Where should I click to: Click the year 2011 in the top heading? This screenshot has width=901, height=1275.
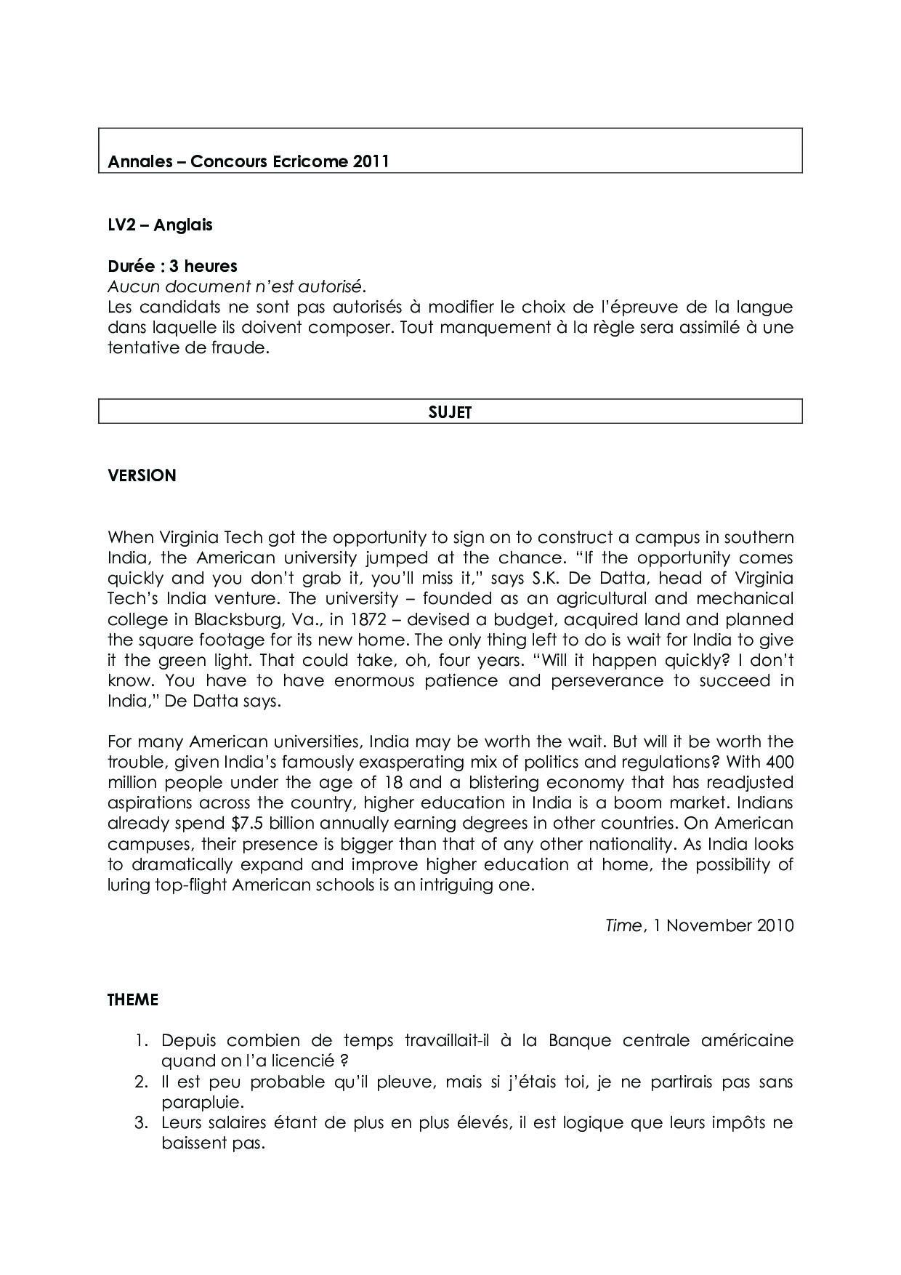click(x=371, y=161)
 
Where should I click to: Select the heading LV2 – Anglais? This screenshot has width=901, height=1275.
click(x=160, y=225)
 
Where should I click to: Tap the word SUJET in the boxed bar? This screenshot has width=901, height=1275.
click(x=450, y=412)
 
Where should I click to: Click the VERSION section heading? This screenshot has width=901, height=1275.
click(x=142, y=475)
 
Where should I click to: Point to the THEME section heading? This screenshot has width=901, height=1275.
click(x=133, y=1000)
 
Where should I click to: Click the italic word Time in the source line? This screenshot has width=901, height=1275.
click(x=623, y=925)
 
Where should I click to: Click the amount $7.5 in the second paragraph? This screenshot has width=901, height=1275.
click(x=249, y=823)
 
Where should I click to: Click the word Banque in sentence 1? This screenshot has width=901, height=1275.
click(x=579, y=1040)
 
